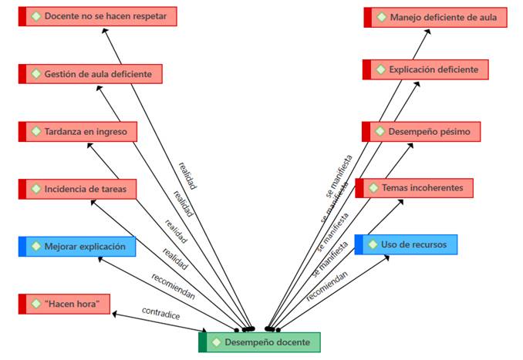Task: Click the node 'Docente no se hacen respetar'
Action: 98,16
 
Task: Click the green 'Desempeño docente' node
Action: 259,341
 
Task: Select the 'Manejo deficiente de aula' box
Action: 436,17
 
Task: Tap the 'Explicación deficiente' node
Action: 426,69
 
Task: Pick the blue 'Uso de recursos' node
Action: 406,244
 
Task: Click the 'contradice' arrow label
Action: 160,312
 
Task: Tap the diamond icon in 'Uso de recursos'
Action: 372,244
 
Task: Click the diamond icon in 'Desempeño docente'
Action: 217,341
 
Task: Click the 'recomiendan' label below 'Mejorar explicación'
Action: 173,284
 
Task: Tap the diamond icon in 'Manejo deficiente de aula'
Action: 381,17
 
